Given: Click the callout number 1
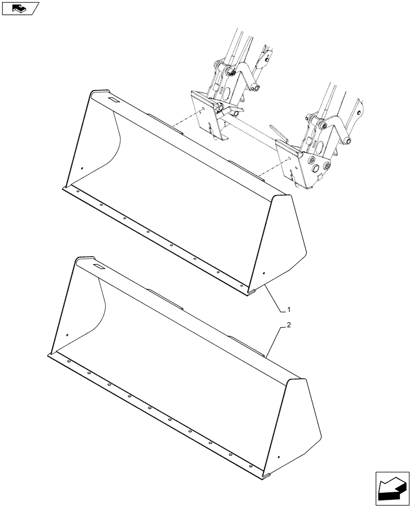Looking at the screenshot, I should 289,309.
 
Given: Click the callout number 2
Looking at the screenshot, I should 289,326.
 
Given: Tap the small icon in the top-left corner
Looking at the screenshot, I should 20,8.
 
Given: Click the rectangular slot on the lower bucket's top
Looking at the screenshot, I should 98,266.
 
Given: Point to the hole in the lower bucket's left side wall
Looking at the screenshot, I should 67,334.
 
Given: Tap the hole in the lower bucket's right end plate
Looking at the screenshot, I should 279,457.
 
